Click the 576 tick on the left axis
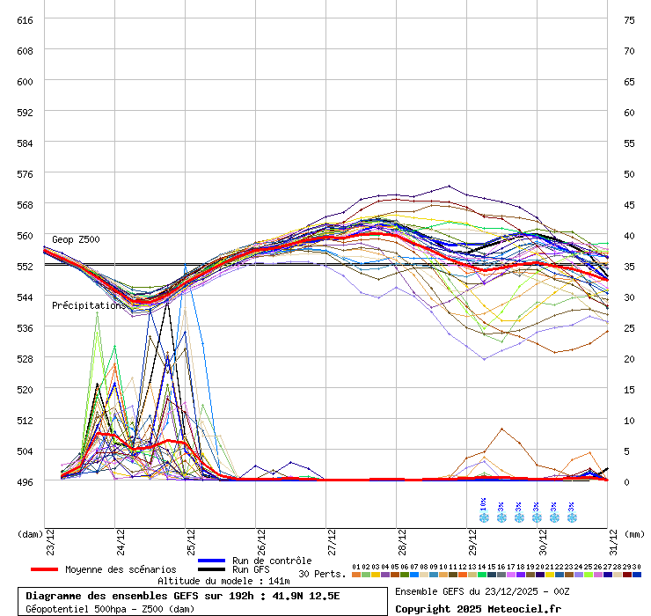tap(25, 173)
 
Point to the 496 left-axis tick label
tap(25, 481)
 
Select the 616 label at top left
tap(25, 19)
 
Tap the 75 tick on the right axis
tap(629, 19)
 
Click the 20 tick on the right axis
tap(629, 358)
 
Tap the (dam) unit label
tap(30, 533)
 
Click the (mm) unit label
tap(635, 533)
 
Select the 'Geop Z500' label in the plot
tap(76, 239)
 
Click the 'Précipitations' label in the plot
tap(88, 305)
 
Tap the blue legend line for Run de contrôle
tap(212, 561)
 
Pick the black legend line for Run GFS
tap(212, 569)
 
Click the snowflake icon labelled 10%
tap(483, 517)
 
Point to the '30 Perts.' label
tap(321, 574)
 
